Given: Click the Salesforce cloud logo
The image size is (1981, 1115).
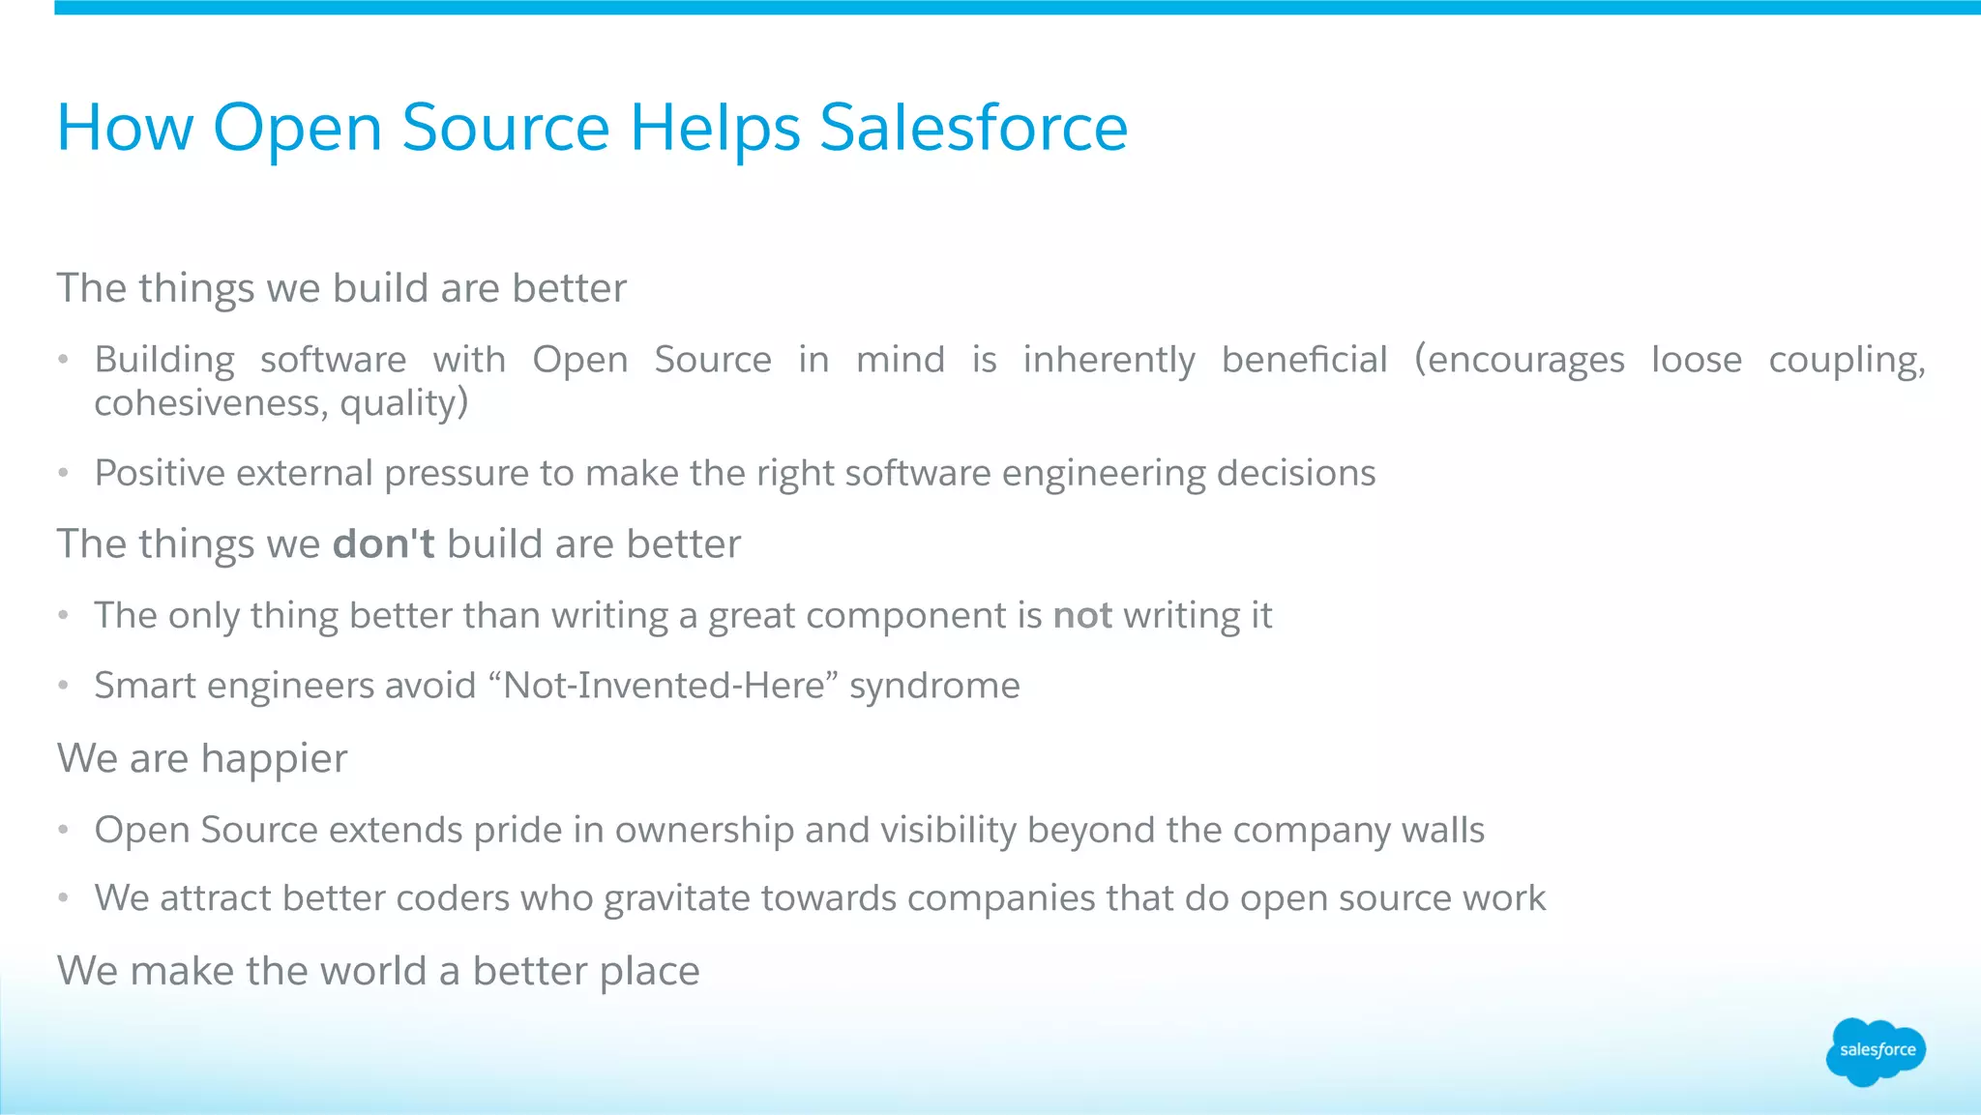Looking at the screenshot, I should (x=1876, y=1050).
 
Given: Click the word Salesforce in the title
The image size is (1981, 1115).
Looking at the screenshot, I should (x=973, y=128).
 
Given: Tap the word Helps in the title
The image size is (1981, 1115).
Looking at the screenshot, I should (x=715, y=128).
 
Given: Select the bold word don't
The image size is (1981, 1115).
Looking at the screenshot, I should (x=383, y=543).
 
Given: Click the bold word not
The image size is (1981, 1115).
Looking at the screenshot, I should (x=1081, y=616).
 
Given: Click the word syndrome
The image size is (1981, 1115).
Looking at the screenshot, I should (x=934, y=687).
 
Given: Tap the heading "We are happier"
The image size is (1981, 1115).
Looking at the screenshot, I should (x=202, y=758).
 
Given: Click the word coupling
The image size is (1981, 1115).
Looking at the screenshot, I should (x=1846, y=361).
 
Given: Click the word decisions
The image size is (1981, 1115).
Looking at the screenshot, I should (x=1295, y=474).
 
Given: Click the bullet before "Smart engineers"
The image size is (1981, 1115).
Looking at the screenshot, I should (x=63, y=686).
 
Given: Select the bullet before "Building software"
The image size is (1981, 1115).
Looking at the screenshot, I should (x=63, y=360).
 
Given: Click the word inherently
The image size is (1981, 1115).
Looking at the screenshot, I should (x=1109, y=361).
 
